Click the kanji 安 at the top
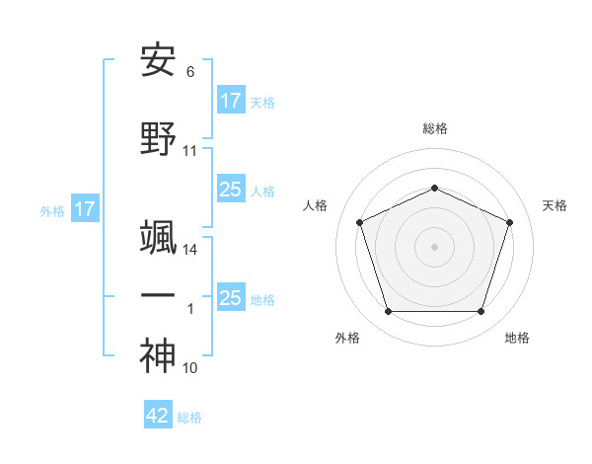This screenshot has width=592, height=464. (x=158, y=61)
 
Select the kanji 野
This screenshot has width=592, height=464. (x=158, y=140)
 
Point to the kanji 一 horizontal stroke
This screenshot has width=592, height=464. (x=158, y=295)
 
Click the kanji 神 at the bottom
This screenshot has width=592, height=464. (x=158, y=355)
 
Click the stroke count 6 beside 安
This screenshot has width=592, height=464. (x=189, y=72)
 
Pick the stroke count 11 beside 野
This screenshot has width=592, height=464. (x=190, y=151)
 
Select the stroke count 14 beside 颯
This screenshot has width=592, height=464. (x=190, y=250)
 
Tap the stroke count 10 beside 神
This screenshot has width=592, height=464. (x=190, y=368)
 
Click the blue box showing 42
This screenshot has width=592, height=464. (x=158, y=416)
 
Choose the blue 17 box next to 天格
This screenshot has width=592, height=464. (x=230, y=101)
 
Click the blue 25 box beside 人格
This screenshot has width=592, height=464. (x=230, y=190)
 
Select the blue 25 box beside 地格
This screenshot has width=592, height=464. (x=230, y=297)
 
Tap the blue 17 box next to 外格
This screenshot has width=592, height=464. (x=84, y=209)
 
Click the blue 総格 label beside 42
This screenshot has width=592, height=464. (x=189, y=418)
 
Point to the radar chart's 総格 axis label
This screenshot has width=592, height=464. (x=434, y=128)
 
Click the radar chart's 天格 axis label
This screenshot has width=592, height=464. (x=555, y=205)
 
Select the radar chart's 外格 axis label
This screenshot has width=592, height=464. (x=347, y=338)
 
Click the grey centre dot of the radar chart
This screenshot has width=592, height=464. (x=434, y=246)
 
